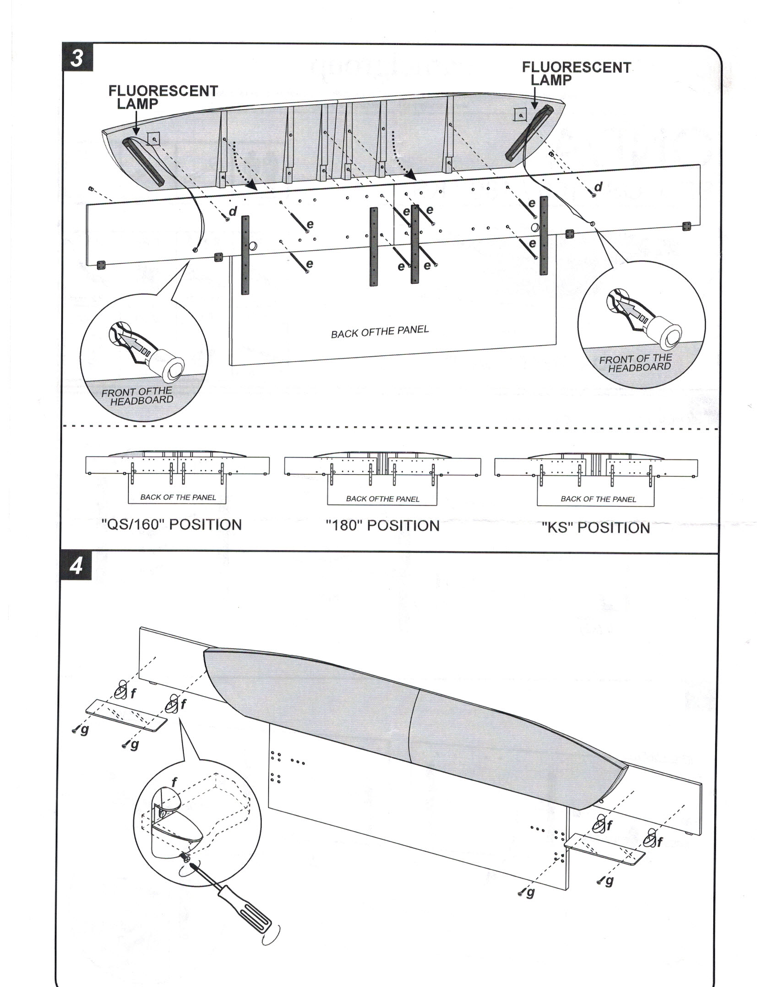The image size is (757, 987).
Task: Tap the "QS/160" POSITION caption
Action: coord(171,524)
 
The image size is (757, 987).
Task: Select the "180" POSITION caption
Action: coord(382,525)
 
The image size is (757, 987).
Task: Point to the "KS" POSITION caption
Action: coord(595,528)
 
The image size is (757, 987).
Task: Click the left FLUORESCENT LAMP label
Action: coord(163,97)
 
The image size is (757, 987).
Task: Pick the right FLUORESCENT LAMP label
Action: coord(576,73)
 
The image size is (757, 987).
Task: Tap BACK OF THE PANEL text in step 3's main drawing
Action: coord(380,331)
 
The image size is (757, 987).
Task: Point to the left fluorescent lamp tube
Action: coord(142,160)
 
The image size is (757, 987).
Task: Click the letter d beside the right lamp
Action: coord(598,187)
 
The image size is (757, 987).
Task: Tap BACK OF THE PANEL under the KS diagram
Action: coord(598,499)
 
